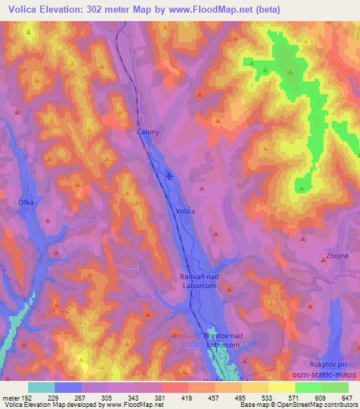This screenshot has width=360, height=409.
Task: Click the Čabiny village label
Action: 148,131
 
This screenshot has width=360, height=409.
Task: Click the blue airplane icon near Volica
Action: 169,175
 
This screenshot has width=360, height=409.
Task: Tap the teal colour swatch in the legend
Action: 41,387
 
